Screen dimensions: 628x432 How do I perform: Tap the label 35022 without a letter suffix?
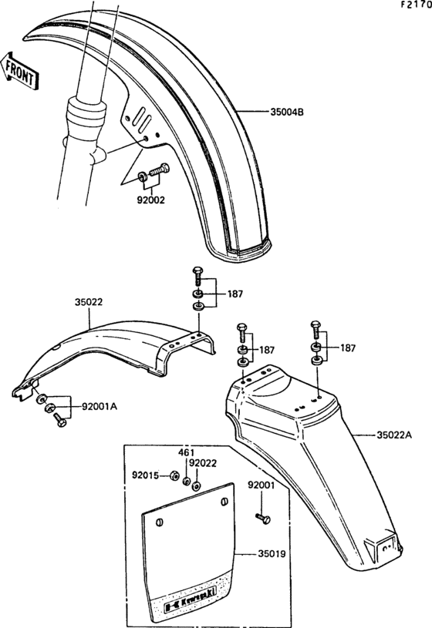coord(90,303)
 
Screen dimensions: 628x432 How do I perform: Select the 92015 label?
coord(147,475)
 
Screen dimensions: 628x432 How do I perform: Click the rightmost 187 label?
coord(347,348)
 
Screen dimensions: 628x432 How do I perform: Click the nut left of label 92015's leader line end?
coord(174,475)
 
